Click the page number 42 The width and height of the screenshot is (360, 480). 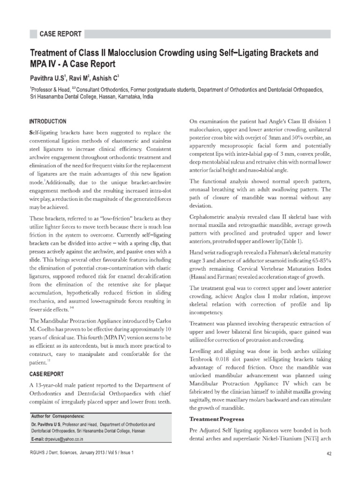coord(328,466)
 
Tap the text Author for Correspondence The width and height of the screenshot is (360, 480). coord(58,416)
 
